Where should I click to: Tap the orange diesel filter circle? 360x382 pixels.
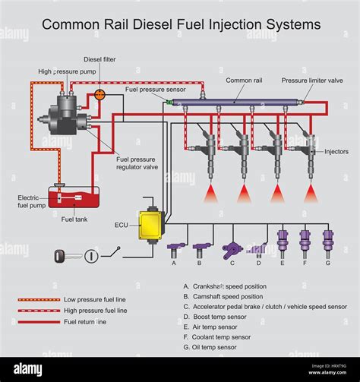[99, 95]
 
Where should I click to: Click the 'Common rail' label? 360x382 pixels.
[244, 79]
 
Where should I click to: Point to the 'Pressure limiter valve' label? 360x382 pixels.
[311, 79]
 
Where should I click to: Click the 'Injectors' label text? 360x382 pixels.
[336, 152]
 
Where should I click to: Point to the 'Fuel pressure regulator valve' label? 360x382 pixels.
[139, 163]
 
